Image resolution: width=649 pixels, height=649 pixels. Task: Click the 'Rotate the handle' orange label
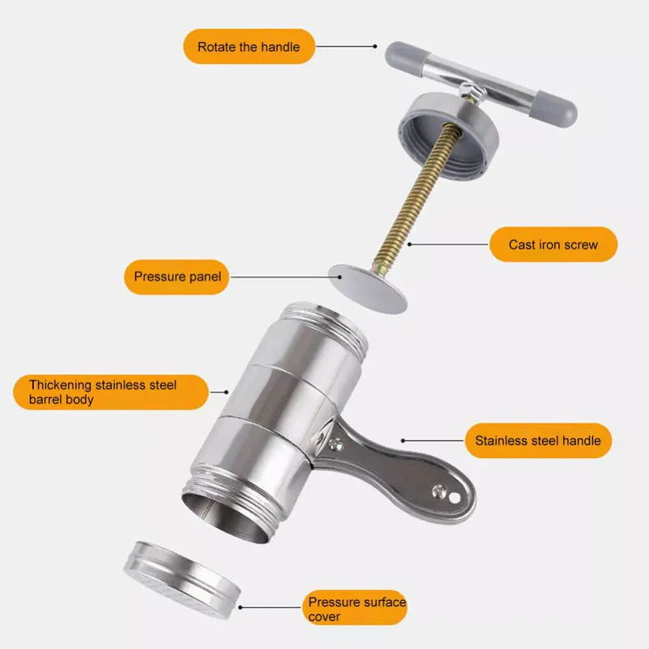point(248,47)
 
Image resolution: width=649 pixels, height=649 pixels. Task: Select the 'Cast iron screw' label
point(553,244)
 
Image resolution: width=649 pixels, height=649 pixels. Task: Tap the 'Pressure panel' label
point(177,277)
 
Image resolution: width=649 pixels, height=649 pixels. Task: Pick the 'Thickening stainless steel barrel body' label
point(110,392)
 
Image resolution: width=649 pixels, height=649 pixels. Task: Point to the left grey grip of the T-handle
point(403,57)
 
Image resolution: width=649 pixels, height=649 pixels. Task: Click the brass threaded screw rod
point(417,197)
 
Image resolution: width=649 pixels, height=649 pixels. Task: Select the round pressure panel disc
point(367,288)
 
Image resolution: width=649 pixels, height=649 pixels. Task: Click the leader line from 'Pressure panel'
point(280,277)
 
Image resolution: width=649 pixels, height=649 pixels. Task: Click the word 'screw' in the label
point(580,244)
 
